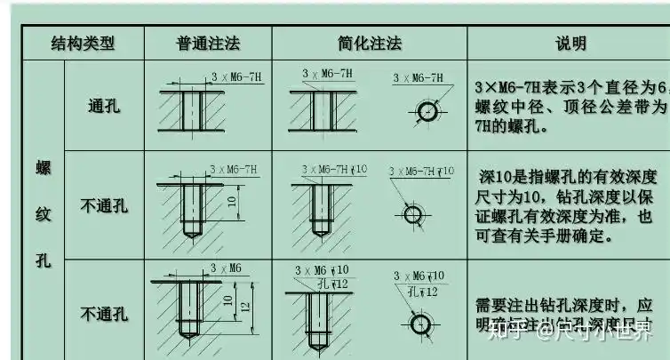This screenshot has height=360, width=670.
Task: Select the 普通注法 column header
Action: pos(208,43)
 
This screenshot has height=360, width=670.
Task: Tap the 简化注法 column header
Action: pos(370,43)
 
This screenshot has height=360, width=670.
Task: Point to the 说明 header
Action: pos(570,43)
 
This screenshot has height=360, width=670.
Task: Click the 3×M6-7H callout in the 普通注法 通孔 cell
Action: pos(237,77)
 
